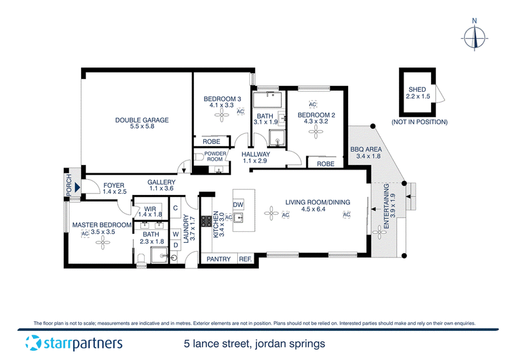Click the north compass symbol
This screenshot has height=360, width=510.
[x=474, y=35]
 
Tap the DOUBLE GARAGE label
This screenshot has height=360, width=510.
[x=142, y=120]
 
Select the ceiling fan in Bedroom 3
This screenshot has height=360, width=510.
[x=222, y=115]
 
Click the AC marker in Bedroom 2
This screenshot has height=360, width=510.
[x=312, y=104]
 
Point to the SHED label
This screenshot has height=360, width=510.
[x=418, y=89]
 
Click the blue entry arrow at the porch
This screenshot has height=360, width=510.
[x=77, y=187]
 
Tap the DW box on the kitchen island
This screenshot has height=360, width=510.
[x=238, y=205]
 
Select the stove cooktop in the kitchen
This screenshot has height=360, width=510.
[x=206, y=221]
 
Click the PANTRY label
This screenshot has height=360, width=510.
[x=219, y=259]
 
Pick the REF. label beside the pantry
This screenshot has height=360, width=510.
[x=245, y=259]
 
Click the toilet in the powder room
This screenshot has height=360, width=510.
[x=200, y=157]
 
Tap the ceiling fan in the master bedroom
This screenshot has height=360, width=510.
[x=103, y=242]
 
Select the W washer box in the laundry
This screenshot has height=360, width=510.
[x=176, y=234]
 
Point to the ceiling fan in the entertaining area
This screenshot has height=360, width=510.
[x=379, y=232]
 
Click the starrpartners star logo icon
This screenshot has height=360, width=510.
[x=33, y=343]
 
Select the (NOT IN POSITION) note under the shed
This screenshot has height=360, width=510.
[x=419, y=122]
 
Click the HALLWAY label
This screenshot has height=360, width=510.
[x=256, y=154]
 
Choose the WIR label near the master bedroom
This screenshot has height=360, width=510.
[x=150, y=209]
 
